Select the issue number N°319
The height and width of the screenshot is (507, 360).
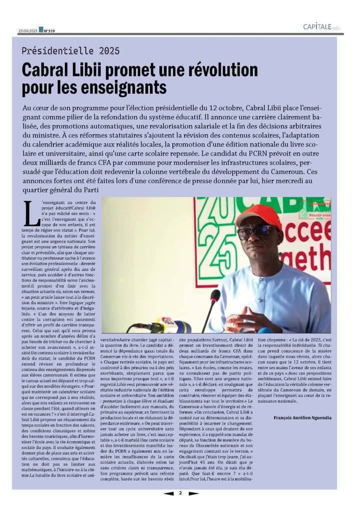(x=49, y=30)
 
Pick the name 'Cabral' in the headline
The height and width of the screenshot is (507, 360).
(x=45, y=70)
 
